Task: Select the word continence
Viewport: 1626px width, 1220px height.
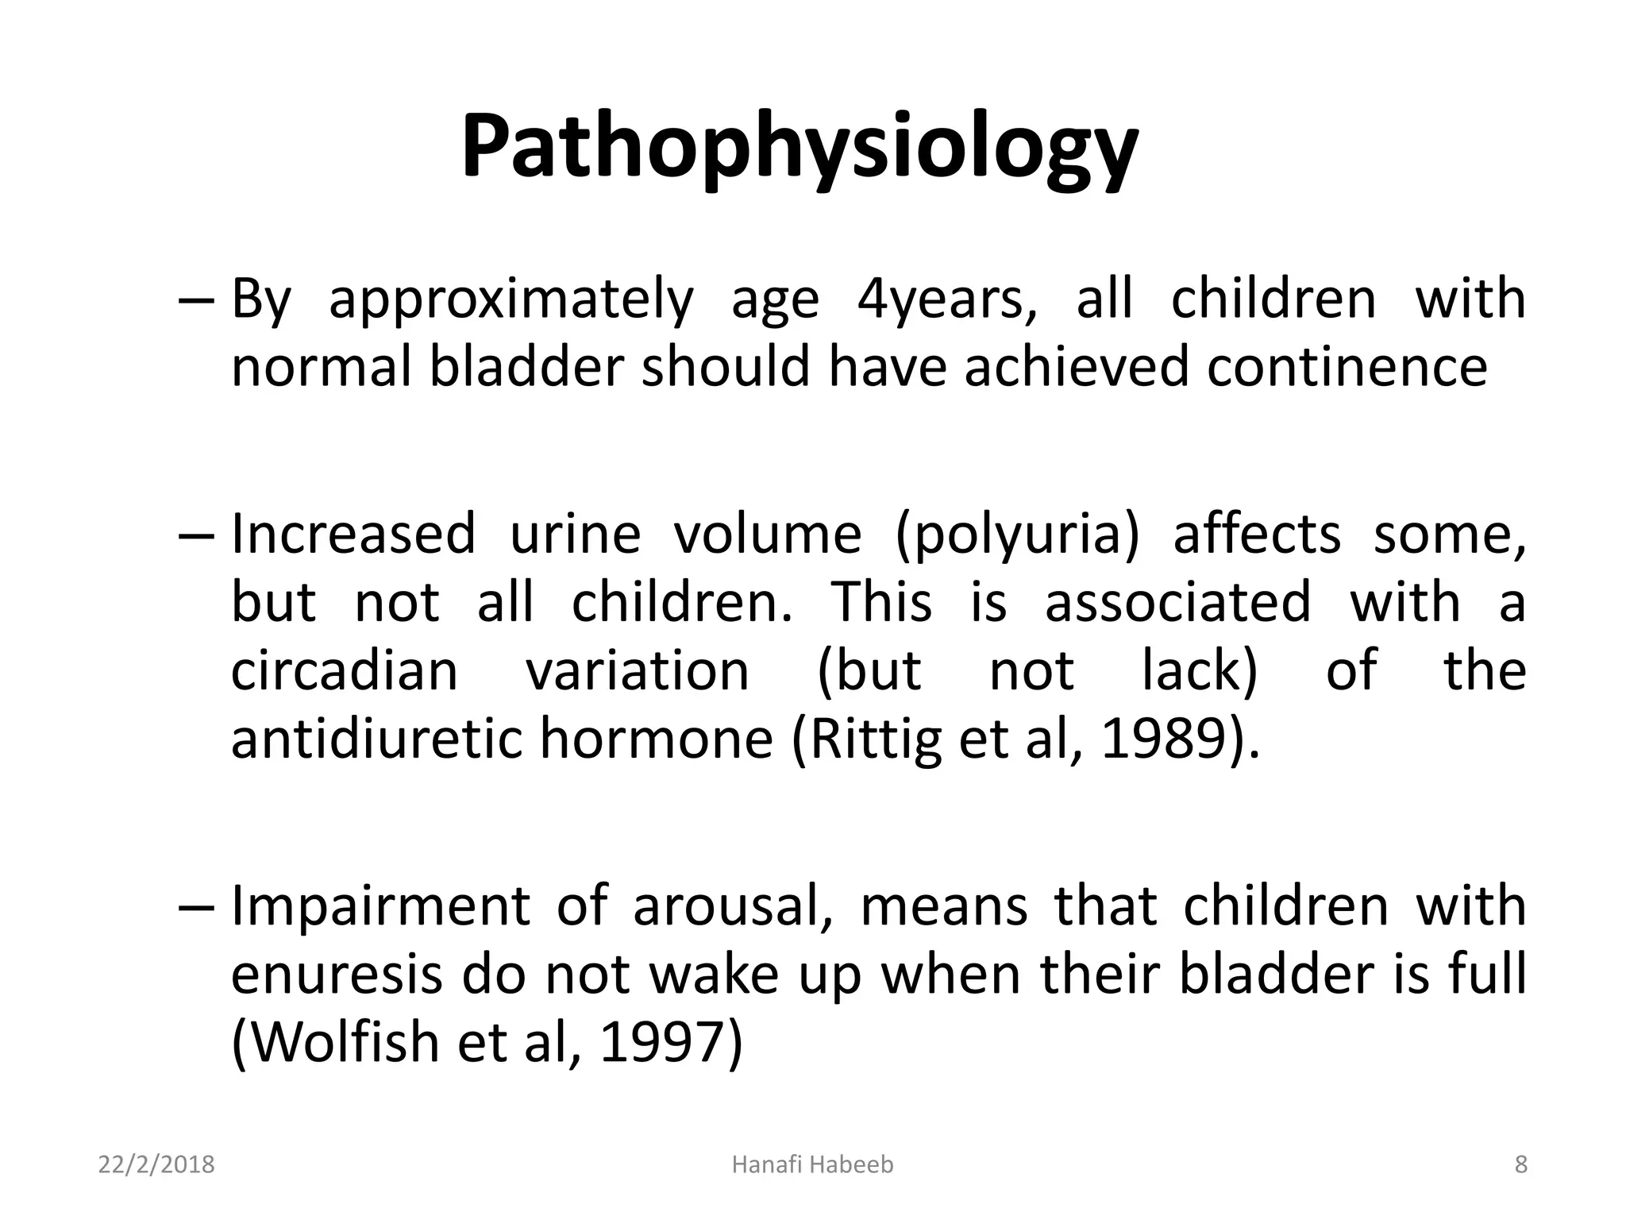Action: click(x=1347, y=368)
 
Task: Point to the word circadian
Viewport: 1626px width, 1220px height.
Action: click(x=345, y=670)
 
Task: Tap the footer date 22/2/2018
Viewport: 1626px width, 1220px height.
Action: click(x=156, y=1165)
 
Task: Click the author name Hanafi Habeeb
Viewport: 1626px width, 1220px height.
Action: click(x=812, y=1165)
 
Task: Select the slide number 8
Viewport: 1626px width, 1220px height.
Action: click(x=1520, y=1165)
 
